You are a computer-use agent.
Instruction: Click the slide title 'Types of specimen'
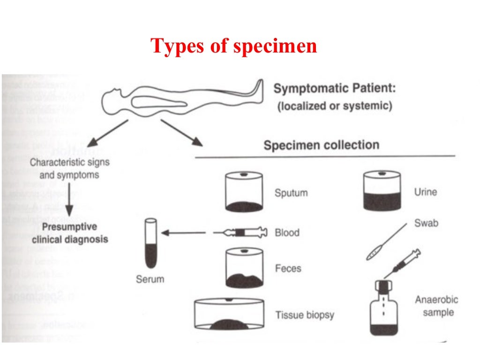(233, 46)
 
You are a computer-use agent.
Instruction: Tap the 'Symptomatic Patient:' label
(333, 88)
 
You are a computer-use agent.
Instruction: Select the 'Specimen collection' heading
(321, 144)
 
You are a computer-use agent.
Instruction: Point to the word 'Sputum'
(291, 193)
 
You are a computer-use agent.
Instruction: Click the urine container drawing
(382, 191)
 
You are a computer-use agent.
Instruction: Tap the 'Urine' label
(425, 192)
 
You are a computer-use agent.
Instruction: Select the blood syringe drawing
(240, 232)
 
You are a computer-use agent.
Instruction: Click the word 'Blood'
(287, 232)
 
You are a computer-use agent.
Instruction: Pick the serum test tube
(151, 244)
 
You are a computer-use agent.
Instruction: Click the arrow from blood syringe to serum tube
(183, 232)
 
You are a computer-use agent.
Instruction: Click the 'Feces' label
(288, 269)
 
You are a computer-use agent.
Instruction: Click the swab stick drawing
(385, 242)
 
